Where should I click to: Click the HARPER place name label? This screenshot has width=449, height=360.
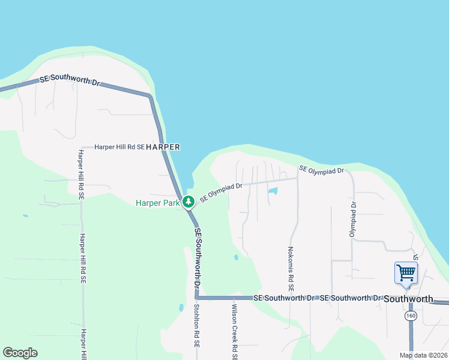pos(163,146)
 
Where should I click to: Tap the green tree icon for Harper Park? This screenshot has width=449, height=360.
pos(188,202)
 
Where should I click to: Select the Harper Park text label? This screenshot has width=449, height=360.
pos(158,203)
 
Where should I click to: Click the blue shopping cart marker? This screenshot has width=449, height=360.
pos(406,272)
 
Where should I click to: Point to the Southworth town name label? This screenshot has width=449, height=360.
pos(408,299)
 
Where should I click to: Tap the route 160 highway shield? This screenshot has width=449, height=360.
pos(411,316)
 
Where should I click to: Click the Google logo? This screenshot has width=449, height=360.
pos(20,353)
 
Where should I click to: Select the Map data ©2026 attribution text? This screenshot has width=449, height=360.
pos(422,355)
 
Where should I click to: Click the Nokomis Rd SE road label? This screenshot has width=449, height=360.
pos(291,268)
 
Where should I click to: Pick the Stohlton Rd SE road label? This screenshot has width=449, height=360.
pos(196,326)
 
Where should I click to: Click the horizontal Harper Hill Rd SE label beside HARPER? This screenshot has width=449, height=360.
pos(119,146)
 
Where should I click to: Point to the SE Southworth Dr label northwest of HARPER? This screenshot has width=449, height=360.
pos(69,79)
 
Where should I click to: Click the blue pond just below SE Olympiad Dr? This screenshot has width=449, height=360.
pos(273,191)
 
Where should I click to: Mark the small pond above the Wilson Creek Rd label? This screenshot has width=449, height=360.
pos(236,257)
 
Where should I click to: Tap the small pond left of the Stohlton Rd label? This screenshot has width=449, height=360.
pos(181,307)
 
